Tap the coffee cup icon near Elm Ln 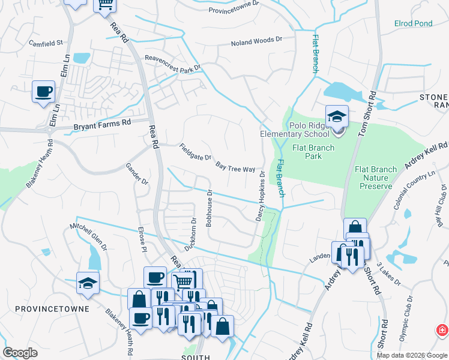[x=43, y=92]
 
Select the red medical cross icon [x=442, y=331]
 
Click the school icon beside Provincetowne [x=88, y=283]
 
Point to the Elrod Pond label [x=413, y=23]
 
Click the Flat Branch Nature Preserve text [x=376, y=178]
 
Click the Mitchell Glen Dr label [x=88, y=236]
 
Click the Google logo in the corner [x=20, y=353]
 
